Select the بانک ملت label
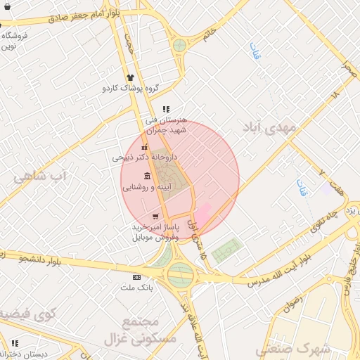click(x=136, y=288)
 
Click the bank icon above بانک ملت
click(x=136, y=277)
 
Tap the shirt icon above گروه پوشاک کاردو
click(x=129, y=78)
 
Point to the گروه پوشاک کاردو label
click(x=131, y=89)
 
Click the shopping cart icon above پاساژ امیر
click(x=155, y=217)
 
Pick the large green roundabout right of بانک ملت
click(x=181, y=274)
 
